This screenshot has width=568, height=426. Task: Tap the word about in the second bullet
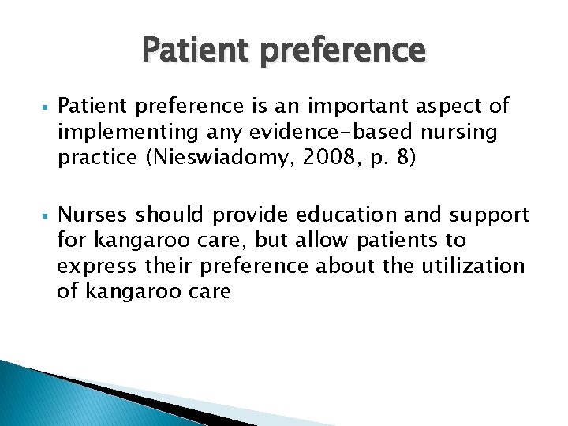click(x=346, y=266)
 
